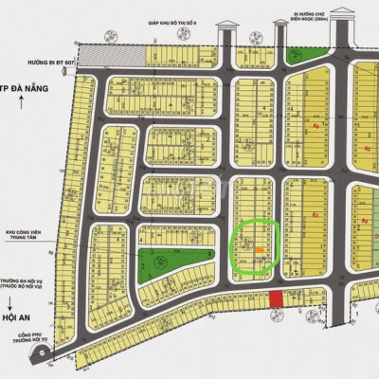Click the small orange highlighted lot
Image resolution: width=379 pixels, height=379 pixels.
point(260,250)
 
